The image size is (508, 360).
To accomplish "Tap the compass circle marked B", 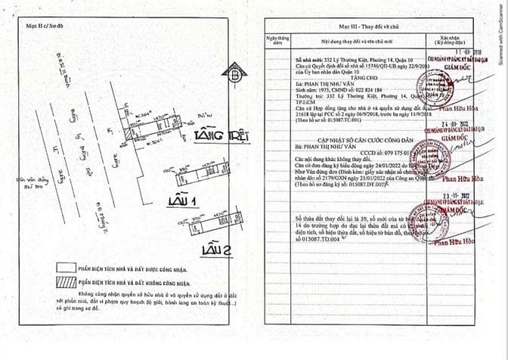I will click(x=235, y=76).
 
